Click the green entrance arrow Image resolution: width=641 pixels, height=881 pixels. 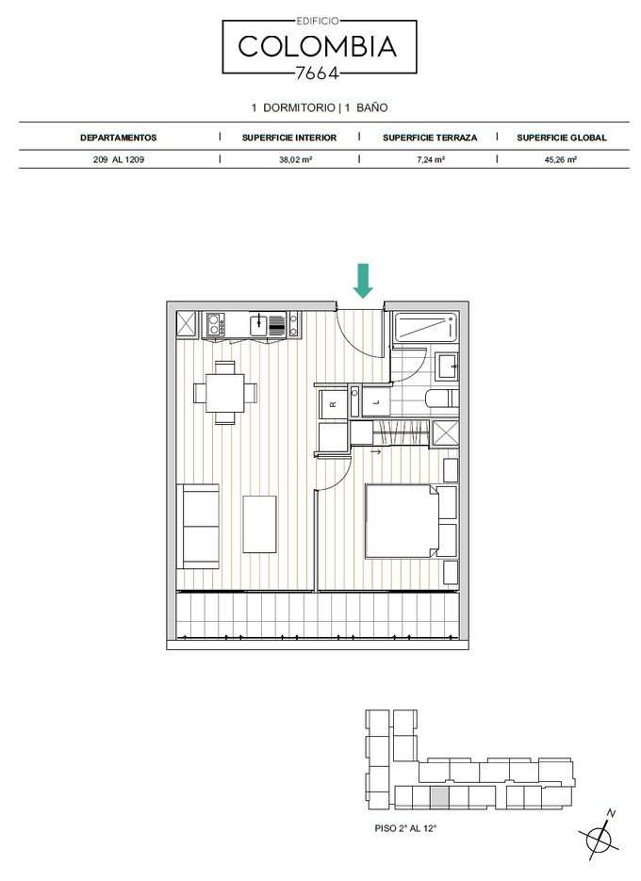pyautogui.click(x=363, y=281)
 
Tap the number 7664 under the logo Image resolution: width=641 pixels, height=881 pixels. pyautogui.click(x=317, y=73)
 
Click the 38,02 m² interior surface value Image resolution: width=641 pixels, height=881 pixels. pyautogui.click(x=296, y=159)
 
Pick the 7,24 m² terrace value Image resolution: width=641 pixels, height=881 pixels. pyautogui.click(x=431, y=159)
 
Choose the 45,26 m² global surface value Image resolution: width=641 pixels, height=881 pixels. pyautogui.click(x=561, y=159)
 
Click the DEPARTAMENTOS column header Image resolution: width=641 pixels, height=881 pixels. pyautogui.click(x=118, y=138)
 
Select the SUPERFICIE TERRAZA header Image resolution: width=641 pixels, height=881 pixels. pyautogui.click(x=430, y=138)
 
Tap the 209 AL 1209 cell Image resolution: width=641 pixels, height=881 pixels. pyautogui.click(x=119, y=159)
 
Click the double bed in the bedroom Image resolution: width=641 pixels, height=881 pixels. pyautogui.click(x=402, y=521)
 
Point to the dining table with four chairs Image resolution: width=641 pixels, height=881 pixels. pyautogui.click(x=225, y=392)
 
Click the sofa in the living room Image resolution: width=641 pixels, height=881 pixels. pyautogui.click(x=198, y=527)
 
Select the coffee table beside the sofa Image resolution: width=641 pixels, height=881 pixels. pyautogui.click(x=259, y=524)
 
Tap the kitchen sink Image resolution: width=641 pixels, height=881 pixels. pyautogui.click(x=258, y=323)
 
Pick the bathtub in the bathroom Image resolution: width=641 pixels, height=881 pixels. pyautogui.click(x=425, y=327)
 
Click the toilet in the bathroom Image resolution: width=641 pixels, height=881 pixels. pyautogui.click(x=441, y=399)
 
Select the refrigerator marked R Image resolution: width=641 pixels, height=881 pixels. pyautogui.click(x=333, y=403)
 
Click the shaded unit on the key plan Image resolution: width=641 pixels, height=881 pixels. pyautogui.click(x=439, y=797)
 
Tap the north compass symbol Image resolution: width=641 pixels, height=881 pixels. pyautogui.click(x=600, y=838)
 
